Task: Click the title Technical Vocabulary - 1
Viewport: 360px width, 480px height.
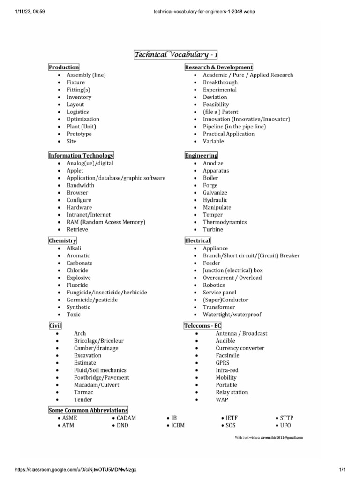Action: [x=176, y=55]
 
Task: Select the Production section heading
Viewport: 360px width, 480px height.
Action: [x=64, y=67]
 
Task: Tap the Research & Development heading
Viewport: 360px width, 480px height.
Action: [x=219, y=67]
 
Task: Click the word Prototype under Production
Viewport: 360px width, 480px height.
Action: [x=79, y=134]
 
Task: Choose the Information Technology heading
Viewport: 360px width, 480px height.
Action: [x=81, y=155]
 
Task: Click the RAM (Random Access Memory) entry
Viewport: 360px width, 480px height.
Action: [x=106, y=222]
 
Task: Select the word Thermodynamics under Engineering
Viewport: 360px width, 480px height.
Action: [x=225, y=222]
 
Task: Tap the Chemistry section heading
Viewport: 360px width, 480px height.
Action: [x=62, y=240]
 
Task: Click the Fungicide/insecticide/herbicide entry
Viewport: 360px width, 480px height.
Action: [x=106, y=292]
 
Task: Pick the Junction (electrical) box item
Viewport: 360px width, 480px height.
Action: [x=232, y=270]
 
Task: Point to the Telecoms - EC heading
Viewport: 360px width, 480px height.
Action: [x=203, y=326]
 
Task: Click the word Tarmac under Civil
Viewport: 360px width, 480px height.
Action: [x=83, y=392]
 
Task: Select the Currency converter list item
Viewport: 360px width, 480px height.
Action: [x=240, y=348]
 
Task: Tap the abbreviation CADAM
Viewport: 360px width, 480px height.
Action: [x=126, y=418]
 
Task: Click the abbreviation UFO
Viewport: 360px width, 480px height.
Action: [x=285, y=425]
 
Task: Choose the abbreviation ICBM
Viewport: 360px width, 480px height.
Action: [x=178, y=425]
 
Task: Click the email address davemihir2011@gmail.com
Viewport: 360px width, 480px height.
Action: [x=282, y=437]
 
